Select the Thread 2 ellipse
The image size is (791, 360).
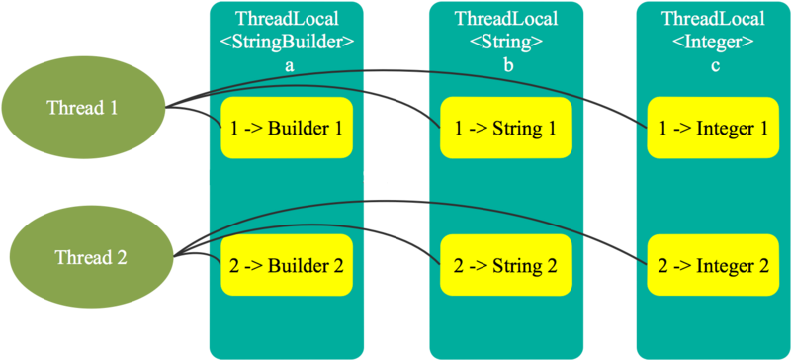tap(87, 257)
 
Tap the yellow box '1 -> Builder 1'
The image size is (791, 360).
tap(286, 128)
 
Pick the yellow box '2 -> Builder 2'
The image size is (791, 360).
tap(286, 265)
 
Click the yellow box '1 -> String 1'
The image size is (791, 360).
tap(505, 128)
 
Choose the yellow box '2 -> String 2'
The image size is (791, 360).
tap(505, 265)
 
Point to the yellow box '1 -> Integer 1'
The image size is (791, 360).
tap(713, 128)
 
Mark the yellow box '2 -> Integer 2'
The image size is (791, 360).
tap(713, 265)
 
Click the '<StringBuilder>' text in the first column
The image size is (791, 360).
tap(286, 42)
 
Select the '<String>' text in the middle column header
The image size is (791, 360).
tap(505, 42)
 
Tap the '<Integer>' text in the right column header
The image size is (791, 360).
tap(713, 42)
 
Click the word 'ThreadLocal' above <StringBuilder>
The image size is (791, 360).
tap(286, 20)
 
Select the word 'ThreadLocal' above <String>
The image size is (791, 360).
tap(505, 20)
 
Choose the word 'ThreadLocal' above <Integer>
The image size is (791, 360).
tap(713, 20)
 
